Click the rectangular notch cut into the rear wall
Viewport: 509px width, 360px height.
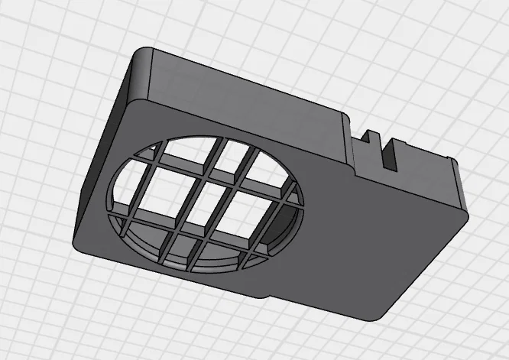(391, 154)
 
